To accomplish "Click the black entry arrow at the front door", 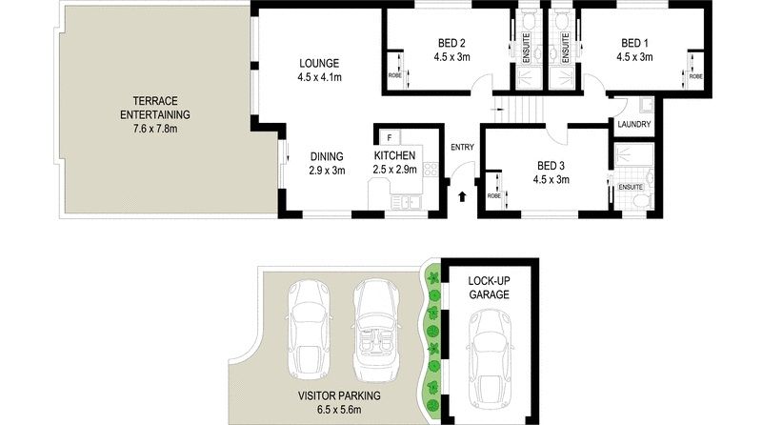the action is (462, 196).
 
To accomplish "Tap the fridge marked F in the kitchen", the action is (390, 137).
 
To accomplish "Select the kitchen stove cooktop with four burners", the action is (431, 170).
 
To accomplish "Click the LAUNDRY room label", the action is (633, 124).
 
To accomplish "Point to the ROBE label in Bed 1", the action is (696, 76).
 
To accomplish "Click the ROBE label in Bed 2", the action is (394, 75).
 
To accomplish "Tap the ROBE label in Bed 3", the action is (493, 196).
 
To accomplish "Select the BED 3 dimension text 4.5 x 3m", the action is (551, 179).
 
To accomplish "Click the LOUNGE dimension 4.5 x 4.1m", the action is (319, 77).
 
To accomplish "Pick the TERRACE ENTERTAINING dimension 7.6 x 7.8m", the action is (155, 129).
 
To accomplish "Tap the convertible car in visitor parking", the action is (375, 330).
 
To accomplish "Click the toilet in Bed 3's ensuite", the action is (641, 201).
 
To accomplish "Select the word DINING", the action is (327, 156).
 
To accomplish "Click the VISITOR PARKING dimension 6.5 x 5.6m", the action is (339, 410).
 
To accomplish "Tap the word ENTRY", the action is (462, 147).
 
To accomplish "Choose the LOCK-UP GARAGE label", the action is (489, 288).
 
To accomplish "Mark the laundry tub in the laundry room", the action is (646, 106).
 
